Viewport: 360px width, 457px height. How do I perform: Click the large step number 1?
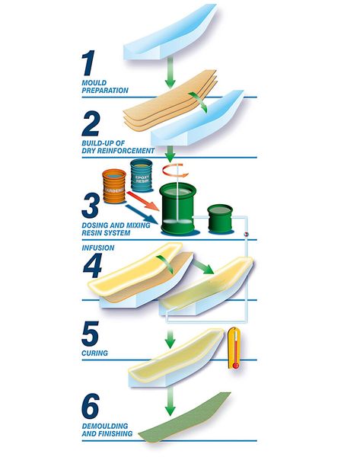pyautogui.click(x=88, y=62)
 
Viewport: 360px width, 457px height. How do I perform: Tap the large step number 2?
pyautogui.click(x=91, y=123)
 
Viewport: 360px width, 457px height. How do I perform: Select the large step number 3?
pyautogui.click(x=91, y=206)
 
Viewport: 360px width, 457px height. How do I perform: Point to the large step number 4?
pyautogui.click(x=92, y=266)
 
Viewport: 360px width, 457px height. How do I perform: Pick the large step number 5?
pyautogui.click(x=90, y=334)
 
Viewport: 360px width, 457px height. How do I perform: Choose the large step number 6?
pyautogui.click(x=91, y=406)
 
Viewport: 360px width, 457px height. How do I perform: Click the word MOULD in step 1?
pyautogui.click(x=94, y=83)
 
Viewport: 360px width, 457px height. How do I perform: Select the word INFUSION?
pyautogui.click(x=98, y=248)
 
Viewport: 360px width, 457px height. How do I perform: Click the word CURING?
pyautogui.click(x=94, y=353)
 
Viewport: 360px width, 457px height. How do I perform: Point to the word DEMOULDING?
pyautogui.click(x=105, y=426)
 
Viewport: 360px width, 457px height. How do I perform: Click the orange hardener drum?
pyautogui.click(x=114, y=187)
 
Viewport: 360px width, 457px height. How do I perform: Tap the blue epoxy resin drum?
pyautogui.click(x=142, y=175)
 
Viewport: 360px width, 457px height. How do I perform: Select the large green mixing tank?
pyautogui.click(x=177, y=209)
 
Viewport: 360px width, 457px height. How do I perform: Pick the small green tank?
pyautogui.click(x=220, y=219)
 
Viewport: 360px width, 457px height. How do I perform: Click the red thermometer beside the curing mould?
pyautogui.click(x=234, y=348)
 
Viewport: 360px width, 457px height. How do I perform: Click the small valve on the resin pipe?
pyautogui.click(x=247, y=234)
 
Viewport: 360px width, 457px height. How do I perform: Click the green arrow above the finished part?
pyautogui.click(x=170, y=401)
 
